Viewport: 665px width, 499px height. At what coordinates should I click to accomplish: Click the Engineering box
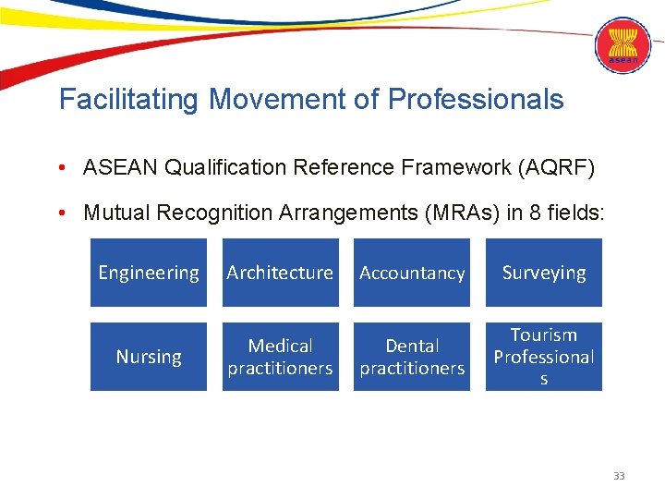click(x=149, y=273)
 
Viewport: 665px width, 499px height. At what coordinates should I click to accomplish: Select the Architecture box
click(x=280, y=273)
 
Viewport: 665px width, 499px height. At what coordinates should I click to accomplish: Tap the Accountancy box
click(x=412, y=273)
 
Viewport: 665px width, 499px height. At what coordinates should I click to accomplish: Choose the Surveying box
click(x=544, y=273)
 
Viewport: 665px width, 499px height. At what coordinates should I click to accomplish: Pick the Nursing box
click(x=149, y=357)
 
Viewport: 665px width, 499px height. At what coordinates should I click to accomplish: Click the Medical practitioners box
click(x=280, y=357)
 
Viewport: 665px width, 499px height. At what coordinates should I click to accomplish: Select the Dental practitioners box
click(x=412, y=357)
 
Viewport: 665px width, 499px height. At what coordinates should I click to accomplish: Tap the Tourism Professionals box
click(x=544, y=357)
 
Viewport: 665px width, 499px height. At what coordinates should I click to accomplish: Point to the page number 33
click(x=619, y=476)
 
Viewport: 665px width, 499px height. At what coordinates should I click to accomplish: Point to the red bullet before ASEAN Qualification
click(x=60, y=168)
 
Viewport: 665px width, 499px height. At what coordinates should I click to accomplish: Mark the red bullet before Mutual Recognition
click(x=60, y=214)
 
